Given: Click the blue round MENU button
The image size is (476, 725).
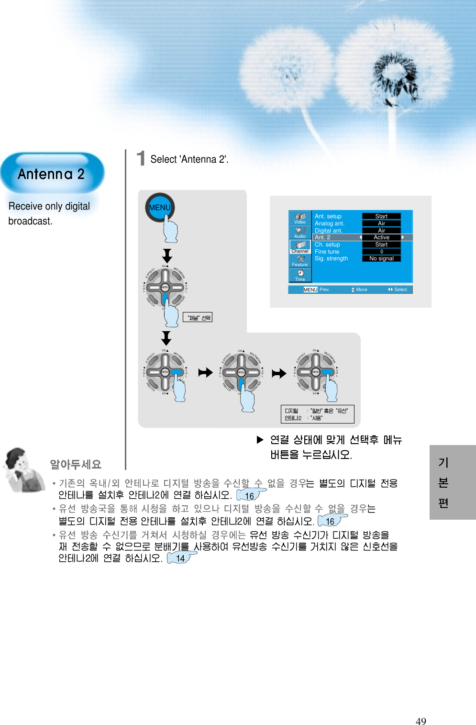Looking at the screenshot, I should coord(160,207).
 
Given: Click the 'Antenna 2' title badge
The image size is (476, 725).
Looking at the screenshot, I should coord(52,174).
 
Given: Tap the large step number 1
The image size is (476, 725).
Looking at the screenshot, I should coord(141,158).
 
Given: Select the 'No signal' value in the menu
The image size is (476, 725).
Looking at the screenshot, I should coord(381,258).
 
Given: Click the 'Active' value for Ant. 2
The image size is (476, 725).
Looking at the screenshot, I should coord(381,237).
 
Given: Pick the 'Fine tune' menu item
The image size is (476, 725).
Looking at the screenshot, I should coord(327,252).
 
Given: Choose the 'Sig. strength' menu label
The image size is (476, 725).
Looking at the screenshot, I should coord(331,258).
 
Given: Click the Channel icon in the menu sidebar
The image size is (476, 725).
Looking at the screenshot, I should coord(300,246).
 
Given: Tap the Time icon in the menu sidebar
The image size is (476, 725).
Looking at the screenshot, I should coord(300,275).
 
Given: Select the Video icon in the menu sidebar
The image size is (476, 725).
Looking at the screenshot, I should coord(300,218).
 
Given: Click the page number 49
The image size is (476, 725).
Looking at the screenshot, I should coord(421,721).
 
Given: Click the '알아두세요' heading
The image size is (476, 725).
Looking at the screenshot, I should coord(76,464).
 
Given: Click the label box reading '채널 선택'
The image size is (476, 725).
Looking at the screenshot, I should coord(198,317).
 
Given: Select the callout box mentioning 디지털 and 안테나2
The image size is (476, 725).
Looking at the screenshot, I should coord(317,414).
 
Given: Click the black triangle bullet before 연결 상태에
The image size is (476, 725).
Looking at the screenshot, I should coord(260,439).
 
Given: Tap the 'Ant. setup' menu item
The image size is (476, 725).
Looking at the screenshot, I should coord(328,216).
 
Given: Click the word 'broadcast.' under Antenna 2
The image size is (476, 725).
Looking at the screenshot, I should coord(30,221).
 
